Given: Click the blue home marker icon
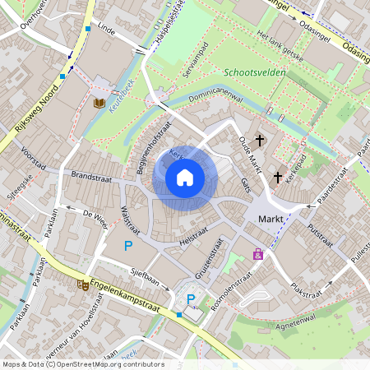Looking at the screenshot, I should pyautogui.click(x=185, y=177).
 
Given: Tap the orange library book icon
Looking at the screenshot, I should pyautogui.click(x=99, y=103).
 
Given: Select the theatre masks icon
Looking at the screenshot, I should pyautogui.click(x=82, y=284).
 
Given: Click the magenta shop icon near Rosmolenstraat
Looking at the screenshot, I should pyautogui.click(x=258, y=254).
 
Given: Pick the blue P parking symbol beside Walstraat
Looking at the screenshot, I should pyautogui.click(x=127, y=245).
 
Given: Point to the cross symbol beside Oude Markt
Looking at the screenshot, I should pyautogui.click(x=260, y=141).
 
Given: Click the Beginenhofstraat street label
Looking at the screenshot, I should pyautogui.click(x=150, y=149).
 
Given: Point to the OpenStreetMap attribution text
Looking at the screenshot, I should pyautogui.click(x=82, y=363).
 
